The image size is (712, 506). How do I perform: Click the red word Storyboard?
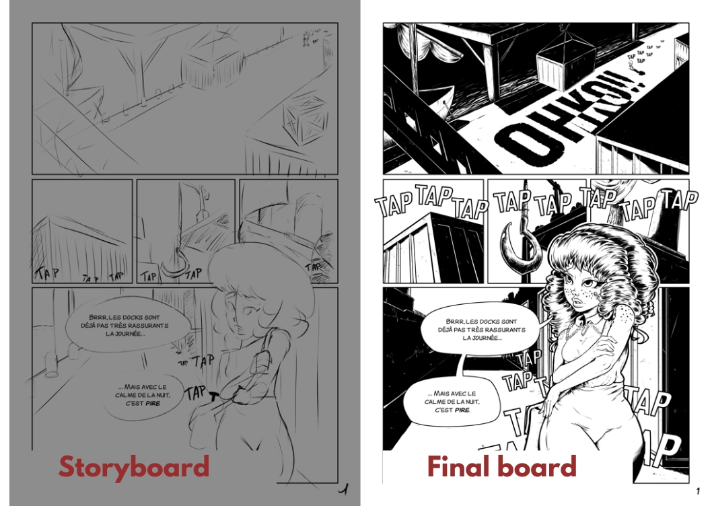134,467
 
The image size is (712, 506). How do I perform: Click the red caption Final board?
501,467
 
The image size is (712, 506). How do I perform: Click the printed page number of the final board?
698,489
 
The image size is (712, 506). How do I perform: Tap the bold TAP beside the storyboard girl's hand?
196,392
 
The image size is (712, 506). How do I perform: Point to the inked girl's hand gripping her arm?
603,343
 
